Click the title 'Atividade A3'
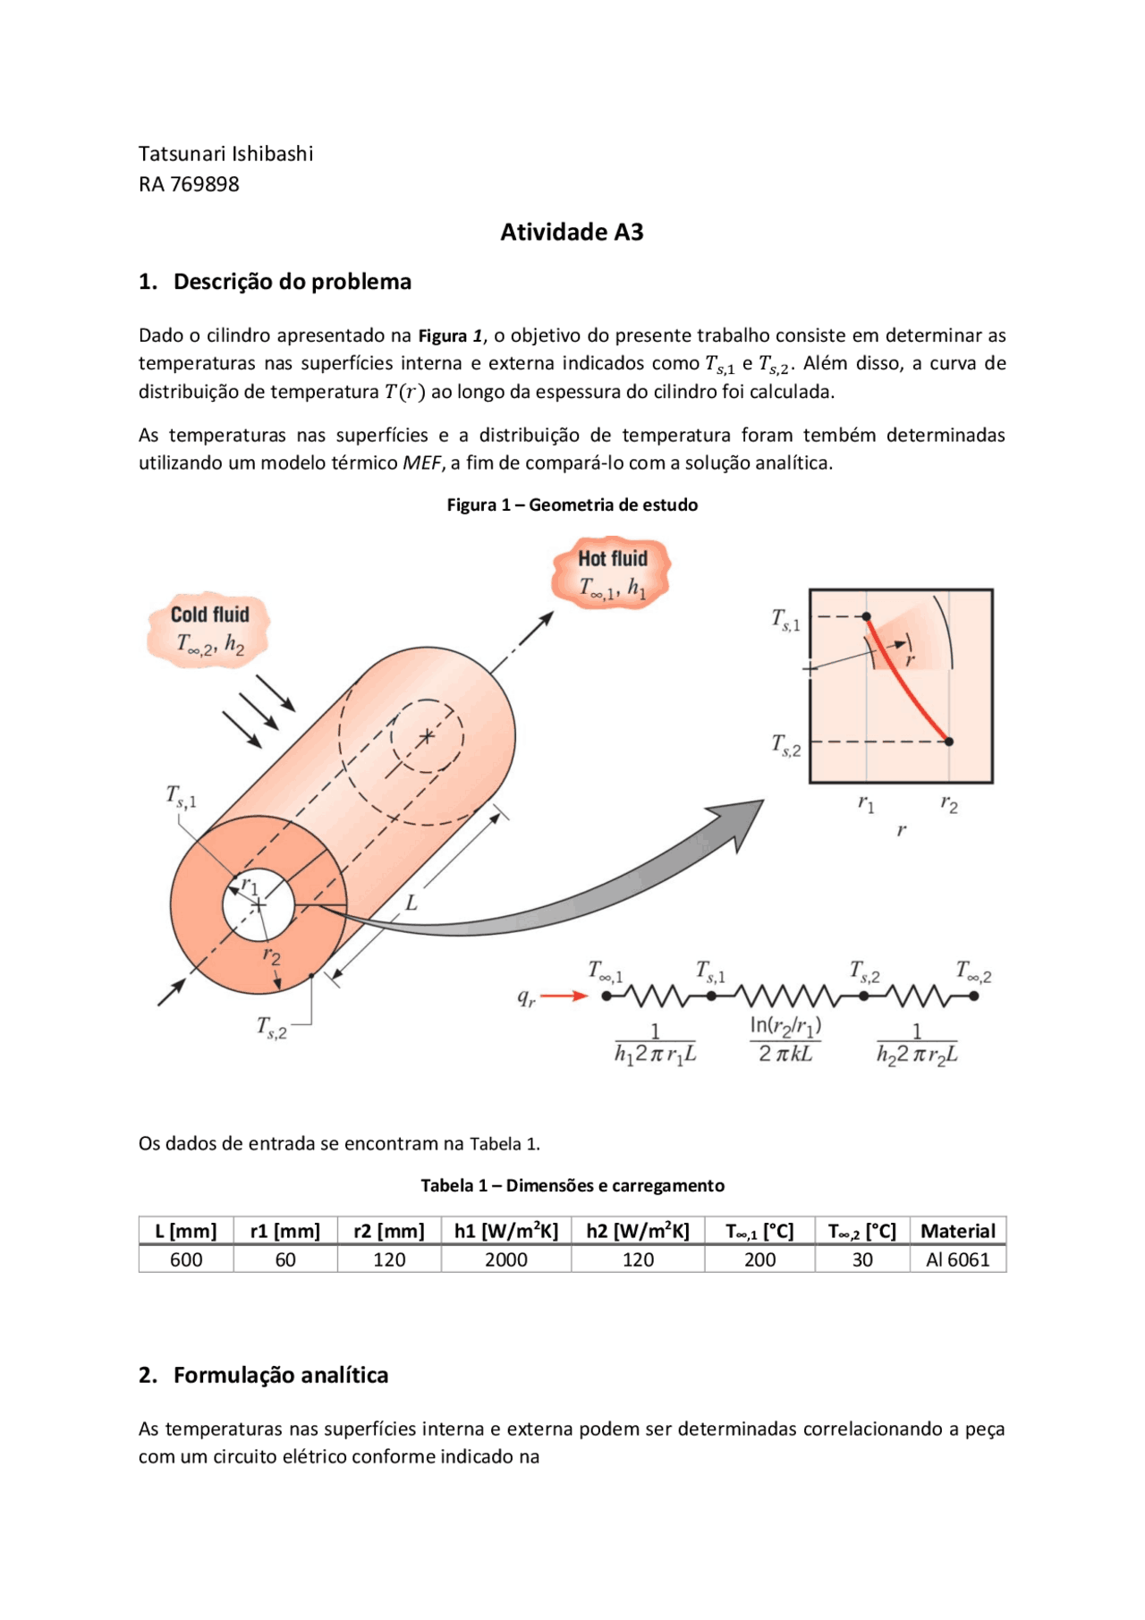pyautogui.click(x=572, y=233)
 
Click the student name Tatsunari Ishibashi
pyautogui.click(x=225, y=154)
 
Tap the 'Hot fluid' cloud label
pyautogui.click(x=612, y=559)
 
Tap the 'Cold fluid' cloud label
pyautogui.click(x=209, y=615)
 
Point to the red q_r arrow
pyautogui.click(x=564, y=996)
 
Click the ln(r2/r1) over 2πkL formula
pyautogui.click(x=785, y=1039)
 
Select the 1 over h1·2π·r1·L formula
pyautogui.click(x=655, y=1044)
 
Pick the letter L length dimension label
pyautogui.click(x=411, y=903)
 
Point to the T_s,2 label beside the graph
pyautogui.click(x=786, y=744)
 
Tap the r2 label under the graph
pyautogui.click(x=949, y=804)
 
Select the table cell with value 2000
pyautogui.click(x=505, y=1260)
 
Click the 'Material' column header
pyautogui.click(x=957, y=1231)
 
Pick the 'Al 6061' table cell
pyautogui.click(x=957, y=1260)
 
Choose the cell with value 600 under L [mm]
pyautogui.click(x=186, y=1260)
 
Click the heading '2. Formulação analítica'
pyautogui.click(x=264, y=1375)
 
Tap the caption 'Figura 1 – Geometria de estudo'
pyautogui.click(x=572, y=505)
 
